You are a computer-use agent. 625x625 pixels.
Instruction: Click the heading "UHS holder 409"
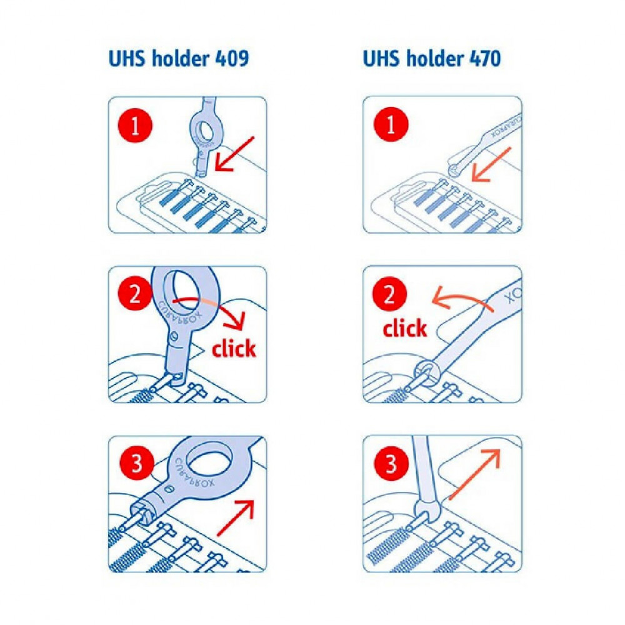pos(179,59)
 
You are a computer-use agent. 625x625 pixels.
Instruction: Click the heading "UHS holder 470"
pos(432,59)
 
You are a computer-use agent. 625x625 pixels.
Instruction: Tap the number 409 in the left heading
pos(232,59)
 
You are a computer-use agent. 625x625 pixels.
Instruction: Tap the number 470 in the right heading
pos(485,59)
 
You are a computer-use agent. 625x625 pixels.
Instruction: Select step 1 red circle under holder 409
pos(135,125)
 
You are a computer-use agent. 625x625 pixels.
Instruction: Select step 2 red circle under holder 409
pos(135,294)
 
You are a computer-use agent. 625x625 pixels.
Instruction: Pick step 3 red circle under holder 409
pos(137,463)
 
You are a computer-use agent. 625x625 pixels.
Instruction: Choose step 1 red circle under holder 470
pos(391,124)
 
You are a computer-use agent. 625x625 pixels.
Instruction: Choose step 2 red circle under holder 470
pos(389,294)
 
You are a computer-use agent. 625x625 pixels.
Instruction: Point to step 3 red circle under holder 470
pos(391,464)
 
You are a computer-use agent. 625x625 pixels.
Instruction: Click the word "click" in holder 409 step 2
pos(234,348)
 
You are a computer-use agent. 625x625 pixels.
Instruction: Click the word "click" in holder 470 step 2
pos(404,329)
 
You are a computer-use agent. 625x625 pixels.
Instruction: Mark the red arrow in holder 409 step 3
pos(235,517)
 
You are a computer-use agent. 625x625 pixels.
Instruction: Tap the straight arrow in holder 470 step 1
pos(491,164)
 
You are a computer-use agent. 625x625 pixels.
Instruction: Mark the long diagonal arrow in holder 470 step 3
pos(474,474)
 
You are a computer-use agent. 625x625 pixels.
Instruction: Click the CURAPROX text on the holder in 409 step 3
pos(194,473)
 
